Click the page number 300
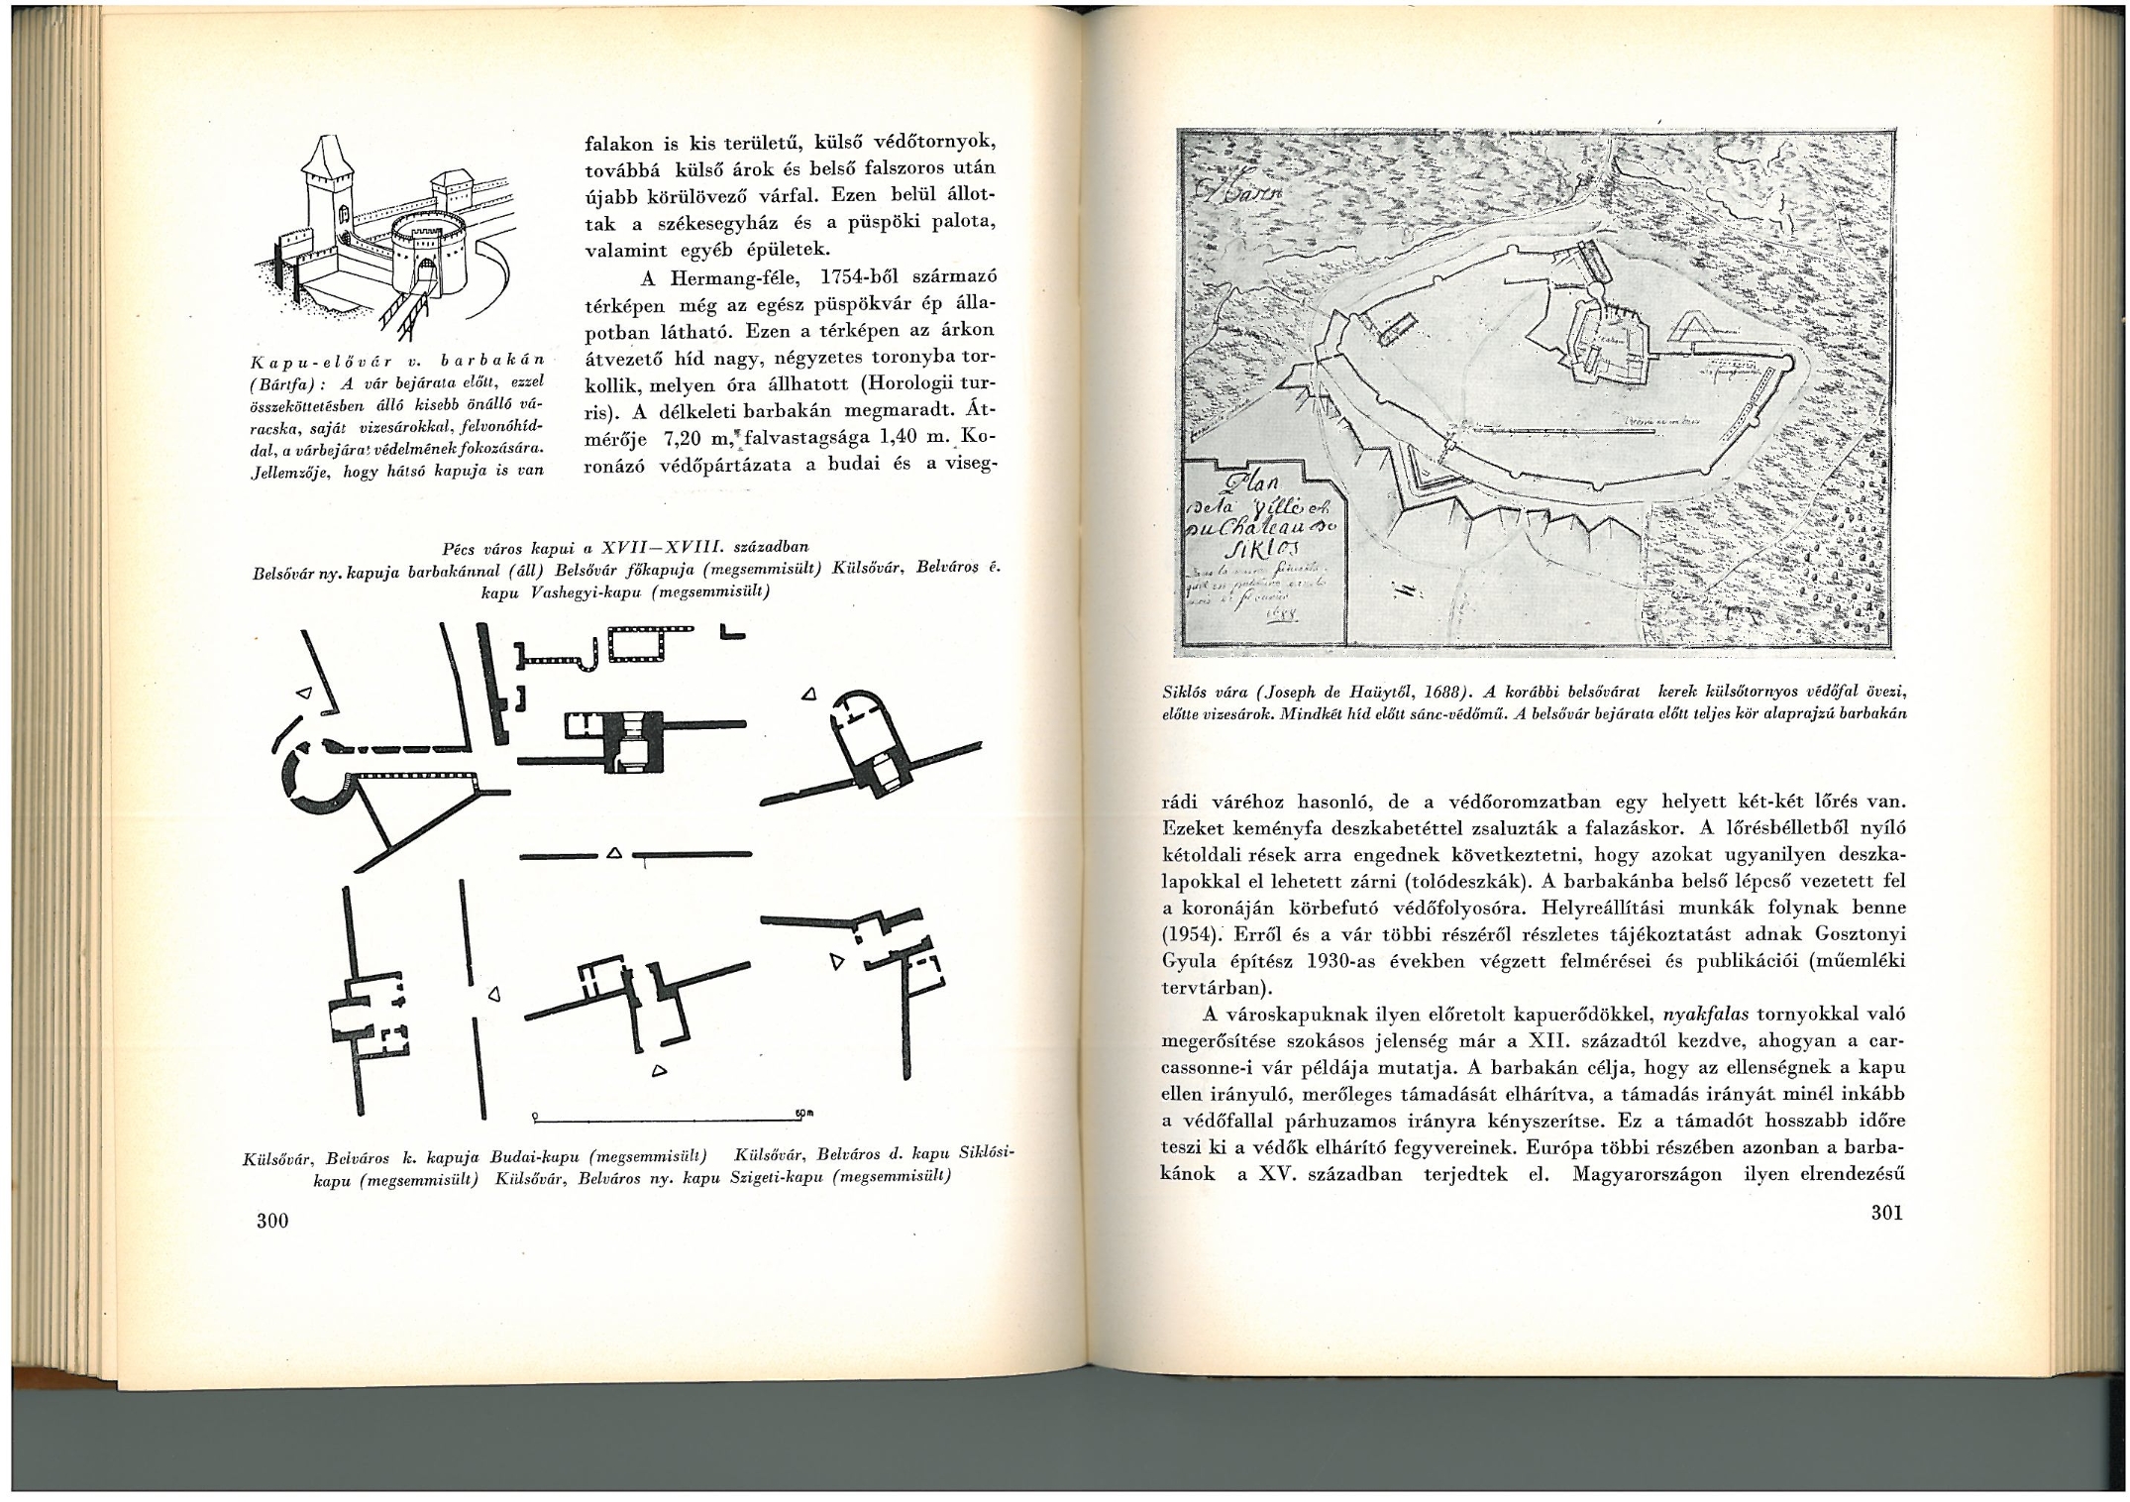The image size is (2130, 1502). tap(272, 1221)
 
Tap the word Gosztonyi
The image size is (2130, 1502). tap(1843, 934)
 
